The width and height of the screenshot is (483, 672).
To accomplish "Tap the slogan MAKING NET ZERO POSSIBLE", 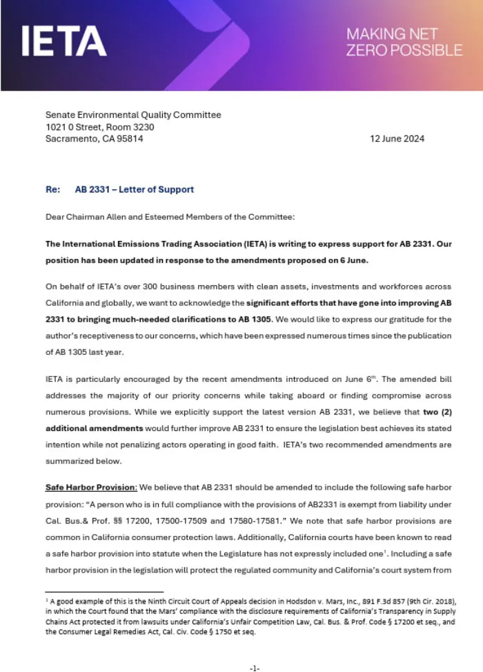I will coord(404,41).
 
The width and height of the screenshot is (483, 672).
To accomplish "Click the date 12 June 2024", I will coord(397,139).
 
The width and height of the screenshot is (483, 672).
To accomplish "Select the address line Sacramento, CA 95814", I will coord(95,139).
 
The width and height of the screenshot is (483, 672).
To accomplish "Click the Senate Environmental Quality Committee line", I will coord(133,115).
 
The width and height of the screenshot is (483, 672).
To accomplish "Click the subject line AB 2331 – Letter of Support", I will coord(135,189).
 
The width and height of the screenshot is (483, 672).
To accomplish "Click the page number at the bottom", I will coord(254,668).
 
